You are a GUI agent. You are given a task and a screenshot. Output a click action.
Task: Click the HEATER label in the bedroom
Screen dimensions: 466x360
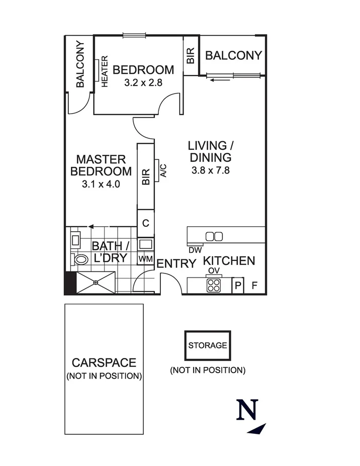(x=105, y=71)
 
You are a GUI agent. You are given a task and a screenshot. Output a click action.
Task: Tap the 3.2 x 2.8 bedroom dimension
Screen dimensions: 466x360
(x=143, y=82)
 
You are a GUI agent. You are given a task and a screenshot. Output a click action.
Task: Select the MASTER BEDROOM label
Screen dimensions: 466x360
(x=101, y=165)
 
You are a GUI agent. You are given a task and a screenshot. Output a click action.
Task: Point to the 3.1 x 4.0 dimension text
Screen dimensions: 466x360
(x=101, y=184)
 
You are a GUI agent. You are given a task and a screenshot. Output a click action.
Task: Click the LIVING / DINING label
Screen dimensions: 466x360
(x=211, y=151)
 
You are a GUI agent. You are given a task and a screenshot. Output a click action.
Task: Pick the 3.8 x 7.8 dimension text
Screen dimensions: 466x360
(x=211, y=170)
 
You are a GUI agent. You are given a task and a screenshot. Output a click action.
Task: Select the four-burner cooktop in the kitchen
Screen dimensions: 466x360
(x=214, y=286)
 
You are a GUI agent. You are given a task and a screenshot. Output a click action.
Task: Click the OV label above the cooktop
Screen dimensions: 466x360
(x=214, y=271)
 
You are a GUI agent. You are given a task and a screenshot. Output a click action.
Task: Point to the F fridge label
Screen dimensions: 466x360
(x=254, y=286)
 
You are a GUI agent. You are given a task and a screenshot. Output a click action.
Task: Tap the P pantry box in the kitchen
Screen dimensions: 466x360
(x=237, y=286)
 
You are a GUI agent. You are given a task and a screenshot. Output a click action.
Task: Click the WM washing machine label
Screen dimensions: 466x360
(x=146, y=258)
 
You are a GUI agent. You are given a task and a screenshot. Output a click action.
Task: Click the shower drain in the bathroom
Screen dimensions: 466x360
(x=96, y=283)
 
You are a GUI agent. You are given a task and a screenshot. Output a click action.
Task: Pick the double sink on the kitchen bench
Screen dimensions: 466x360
(x=214, y=236)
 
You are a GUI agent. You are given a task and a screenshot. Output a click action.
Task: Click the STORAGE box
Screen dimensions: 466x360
(x=208, y=345)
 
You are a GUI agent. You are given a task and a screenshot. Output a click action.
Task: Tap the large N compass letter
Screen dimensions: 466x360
(x=247, y=410)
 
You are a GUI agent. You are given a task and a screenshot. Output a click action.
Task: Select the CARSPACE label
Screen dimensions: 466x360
(x=104, y=362)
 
